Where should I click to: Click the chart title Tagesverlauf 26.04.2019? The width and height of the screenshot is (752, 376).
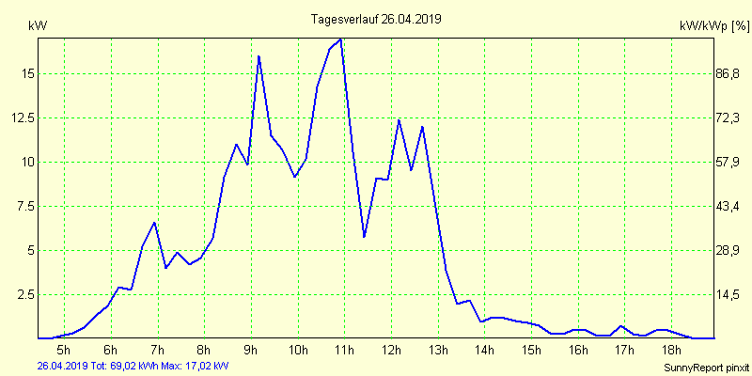375,19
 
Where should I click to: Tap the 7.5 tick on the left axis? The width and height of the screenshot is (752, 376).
24,206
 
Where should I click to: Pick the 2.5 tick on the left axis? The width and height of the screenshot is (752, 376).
24,294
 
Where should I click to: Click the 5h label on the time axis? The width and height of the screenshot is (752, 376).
64,351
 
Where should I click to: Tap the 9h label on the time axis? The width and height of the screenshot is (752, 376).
251,351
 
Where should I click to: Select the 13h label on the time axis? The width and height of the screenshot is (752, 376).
438,351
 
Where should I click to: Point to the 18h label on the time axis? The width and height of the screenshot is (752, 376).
671,351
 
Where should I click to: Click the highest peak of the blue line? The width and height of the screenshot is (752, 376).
340,39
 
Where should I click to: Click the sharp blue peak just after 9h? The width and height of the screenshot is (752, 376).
258,56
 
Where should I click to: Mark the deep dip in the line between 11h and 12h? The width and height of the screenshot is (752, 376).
364,237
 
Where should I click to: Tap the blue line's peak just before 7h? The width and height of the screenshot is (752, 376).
154,222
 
